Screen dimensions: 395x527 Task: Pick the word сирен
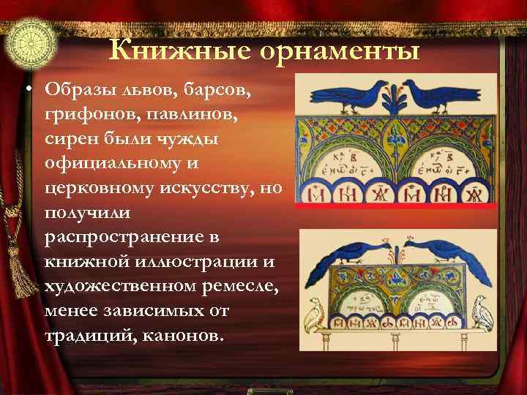pos(71,138)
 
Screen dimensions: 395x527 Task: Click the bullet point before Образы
pos(26,90)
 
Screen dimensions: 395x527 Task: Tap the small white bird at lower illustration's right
pos(481,312)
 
